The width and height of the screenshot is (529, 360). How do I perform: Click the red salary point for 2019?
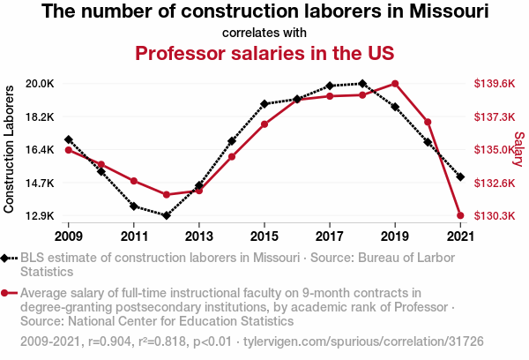[395, 84]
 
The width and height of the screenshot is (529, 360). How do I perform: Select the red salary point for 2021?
[460, 215]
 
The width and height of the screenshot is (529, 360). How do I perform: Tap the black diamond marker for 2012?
[166, 215]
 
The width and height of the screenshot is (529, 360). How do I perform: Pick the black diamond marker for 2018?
[362, 84]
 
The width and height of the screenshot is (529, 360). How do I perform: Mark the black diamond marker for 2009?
[69, 139]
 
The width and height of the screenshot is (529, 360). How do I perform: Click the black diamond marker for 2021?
[460, 176]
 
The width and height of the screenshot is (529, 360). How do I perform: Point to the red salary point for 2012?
[166, 194]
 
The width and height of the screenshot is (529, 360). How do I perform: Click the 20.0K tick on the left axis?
[40, 84]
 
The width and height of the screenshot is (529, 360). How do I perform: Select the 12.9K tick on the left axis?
[40, 216]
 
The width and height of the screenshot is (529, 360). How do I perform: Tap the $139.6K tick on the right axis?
[494, 84]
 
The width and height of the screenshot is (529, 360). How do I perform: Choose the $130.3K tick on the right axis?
[494, 216]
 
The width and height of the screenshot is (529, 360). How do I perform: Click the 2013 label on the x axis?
[199, 236]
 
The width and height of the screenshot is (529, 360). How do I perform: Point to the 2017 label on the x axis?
[330, 236]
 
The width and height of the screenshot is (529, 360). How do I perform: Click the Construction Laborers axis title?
[10, 149]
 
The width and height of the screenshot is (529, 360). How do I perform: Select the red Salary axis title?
[518, 149]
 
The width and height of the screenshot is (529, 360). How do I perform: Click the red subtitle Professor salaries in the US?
[264, 53]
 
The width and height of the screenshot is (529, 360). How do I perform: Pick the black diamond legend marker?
[8, 258]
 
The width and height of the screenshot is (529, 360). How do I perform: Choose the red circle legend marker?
[8, 293]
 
